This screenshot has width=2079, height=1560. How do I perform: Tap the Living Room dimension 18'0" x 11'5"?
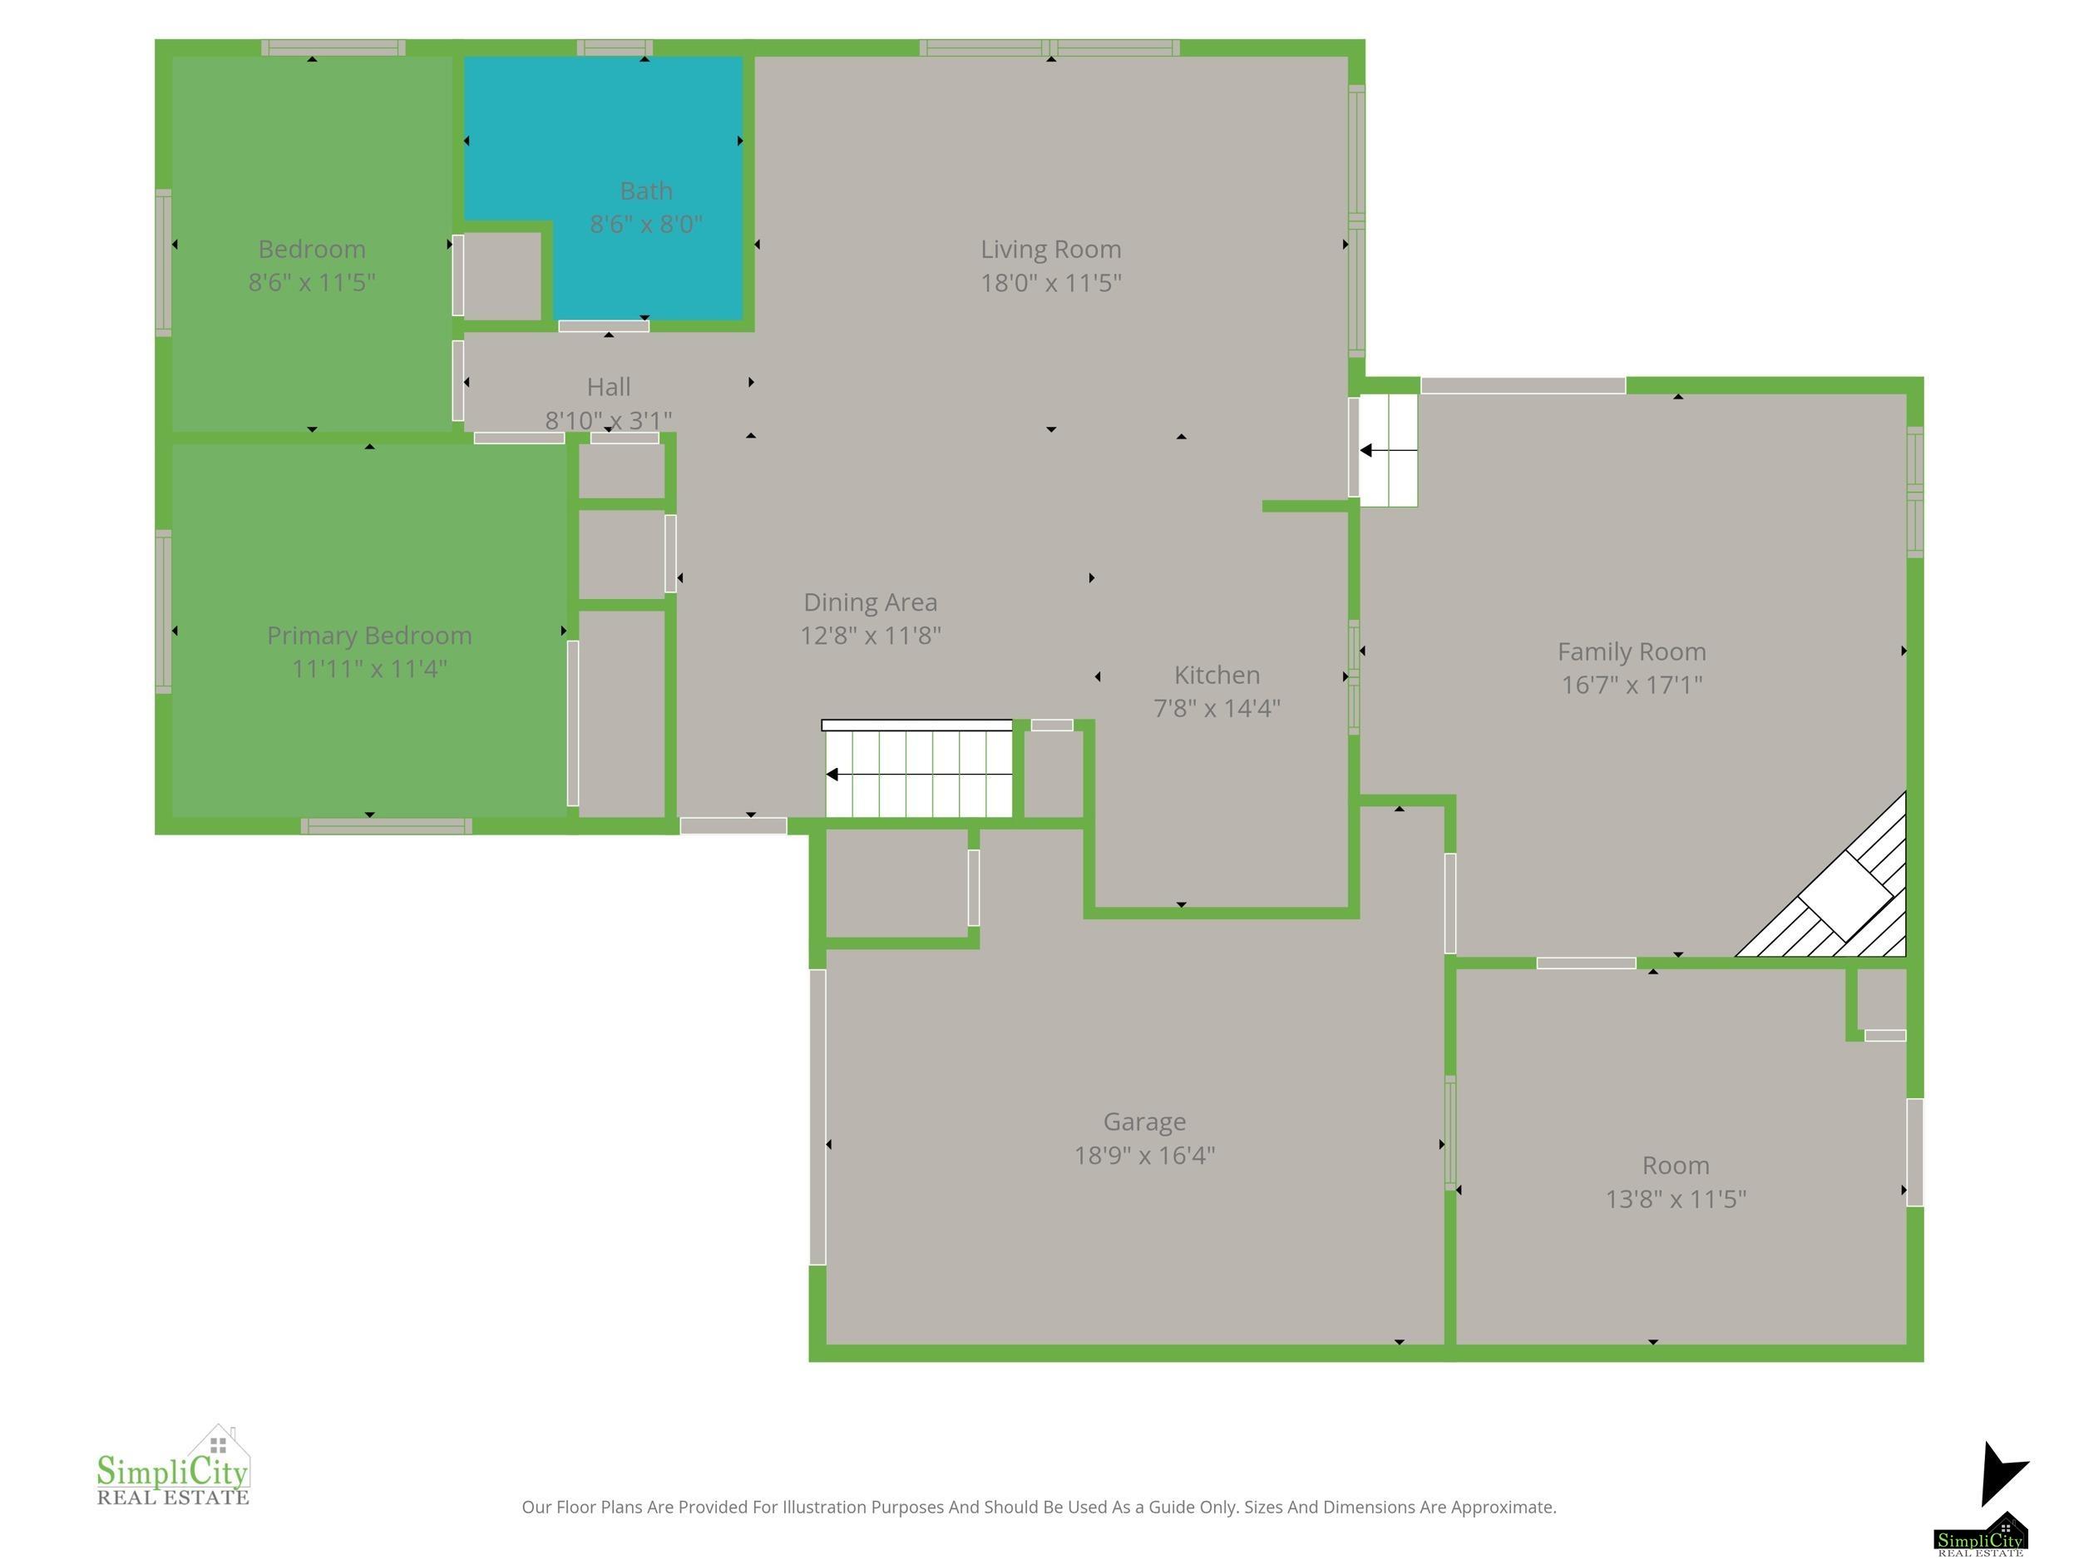click(x=1051, y=283)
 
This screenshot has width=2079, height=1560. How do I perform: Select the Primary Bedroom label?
click(x=369, y=636)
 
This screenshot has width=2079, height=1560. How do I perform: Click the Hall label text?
click(x=608, y=387)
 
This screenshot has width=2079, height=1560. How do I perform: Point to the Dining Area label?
click(x=871, y=602)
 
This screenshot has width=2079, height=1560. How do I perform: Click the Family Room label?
click(x=1632, y=651)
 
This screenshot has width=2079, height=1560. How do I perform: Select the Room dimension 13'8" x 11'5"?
click(x=1676, y=1199)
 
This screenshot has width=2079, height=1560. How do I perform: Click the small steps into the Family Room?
click(x=1388, y=450)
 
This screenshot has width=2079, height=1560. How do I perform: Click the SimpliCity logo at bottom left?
click(x=173, y=1466)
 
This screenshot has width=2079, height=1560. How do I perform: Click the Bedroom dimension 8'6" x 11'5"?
click(x=312, y=283)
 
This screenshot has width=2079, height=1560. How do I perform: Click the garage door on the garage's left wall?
click(x=817, y=1117)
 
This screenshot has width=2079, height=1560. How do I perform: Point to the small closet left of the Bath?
click(x=502, y=276)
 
